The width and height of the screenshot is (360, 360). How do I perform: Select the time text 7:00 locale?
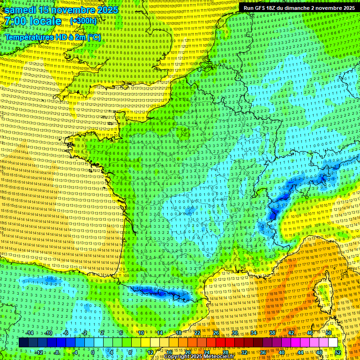pyautogui.click(x=33, y=21)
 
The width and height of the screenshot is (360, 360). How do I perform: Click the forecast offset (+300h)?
pyautogui.click(x=83, y=21)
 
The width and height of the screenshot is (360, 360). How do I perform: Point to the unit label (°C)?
pyautogui.click(x=94, y=37)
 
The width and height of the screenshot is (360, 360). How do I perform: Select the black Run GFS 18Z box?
pyautogui.click(x=299, y=8)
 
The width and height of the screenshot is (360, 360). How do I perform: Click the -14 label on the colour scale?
pyautogui.click(x=30, y=333)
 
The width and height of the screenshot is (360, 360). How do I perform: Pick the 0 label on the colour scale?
pyautogui.click(x=92, y=352)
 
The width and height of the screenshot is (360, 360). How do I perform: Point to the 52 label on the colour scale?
pyautogui.click(x=338, y=352)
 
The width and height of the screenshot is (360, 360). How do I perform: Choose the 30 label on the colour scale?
pyautogui.click(x=235, y=333)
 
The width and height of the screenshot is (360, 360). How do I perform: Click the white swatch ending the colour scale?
pyautogui.click(x=333, y=343)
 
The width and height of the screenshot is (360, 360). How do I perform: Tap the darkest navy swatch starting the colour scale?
pyautogui.click(x=23, y=343)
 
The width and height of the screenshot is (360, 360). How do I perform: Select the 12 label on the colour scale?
pyautogui.click(x=150, y=352)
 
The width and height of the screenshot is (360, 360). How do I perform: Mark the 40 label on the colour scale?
pyautogui.click(x=282, y=352)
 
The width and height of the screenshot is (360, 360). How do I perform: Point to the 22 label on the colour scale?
pyautogui.click(x=197, y=333)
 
